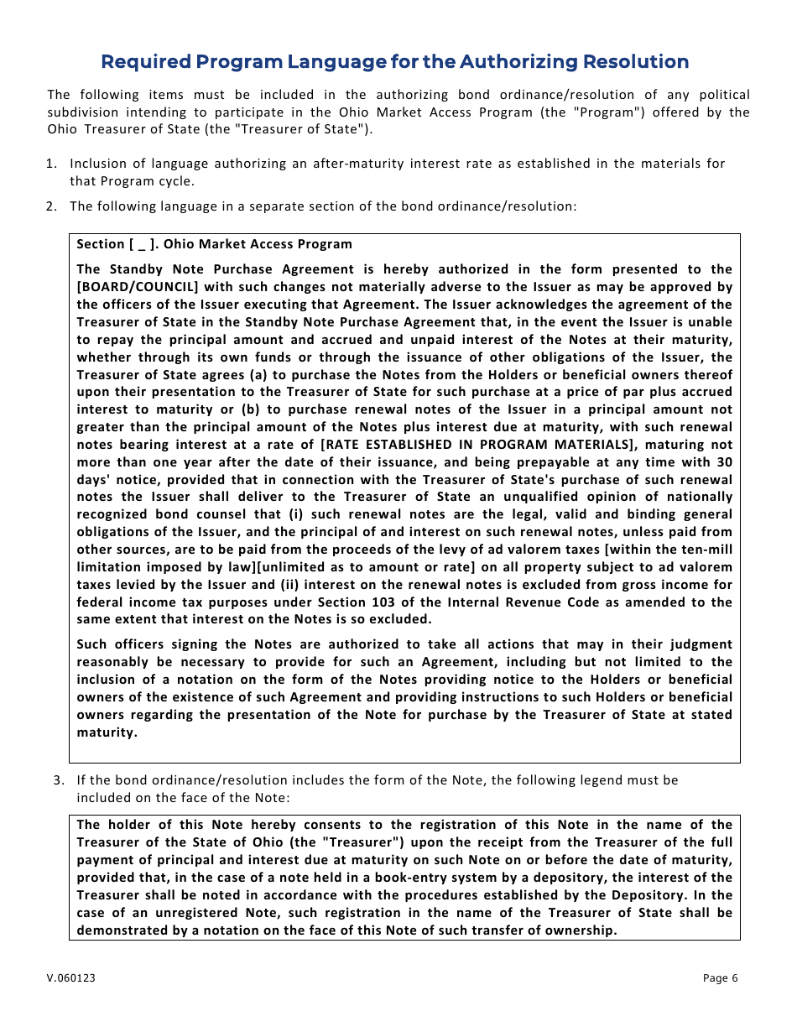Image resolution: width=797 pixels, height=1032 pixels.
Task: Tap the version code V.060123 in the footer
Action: tap(71, 978)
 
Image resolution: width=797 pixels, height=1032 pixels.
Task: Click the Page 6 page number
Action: tap(720, 978)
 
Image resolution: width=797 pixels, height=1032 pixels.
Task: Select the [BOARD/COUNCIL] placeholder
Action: tap(131, 287)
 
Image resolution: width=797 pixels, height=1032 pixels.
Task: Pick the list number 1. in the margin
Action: tap(52, 164)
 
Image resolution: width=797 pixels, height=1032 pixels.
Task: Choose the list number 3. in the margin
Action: tap(58, 780)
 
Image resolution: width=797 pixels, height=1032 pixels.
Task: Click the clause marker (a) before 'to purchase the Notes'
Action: tap(259, 375)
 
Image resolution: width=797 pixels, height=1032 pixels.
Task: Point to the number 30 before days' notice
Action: tap(723, 462)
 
